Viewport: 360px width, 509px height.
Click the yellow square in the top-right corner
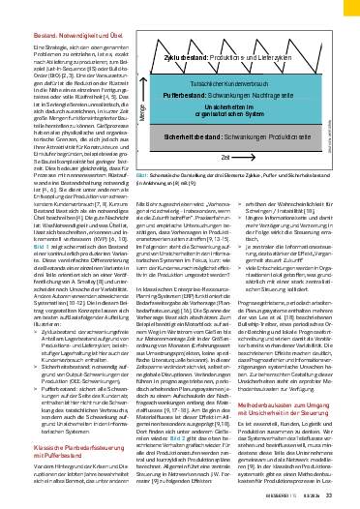coord(347,7)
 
